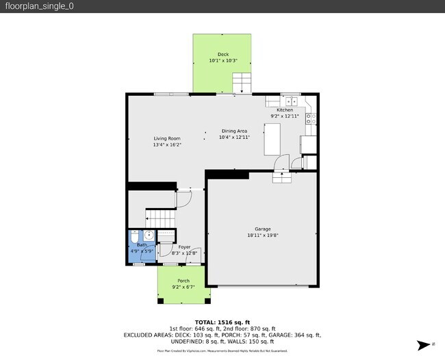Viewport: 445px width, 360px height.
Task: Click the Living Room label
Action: tap(167, 138)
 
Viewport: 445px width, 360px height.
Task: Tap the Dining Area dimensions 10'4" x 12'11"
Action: tap(234, 137)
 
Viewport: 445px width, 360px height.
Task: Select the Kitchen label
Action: tap(285, 110)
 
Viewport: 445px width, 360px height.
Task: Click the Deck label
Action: tap(223, 54)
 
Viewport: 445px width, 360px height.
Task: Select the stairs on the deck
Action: tap(243, 83)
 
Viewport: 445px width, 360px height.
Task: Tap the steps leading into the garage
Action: tap(281, 177)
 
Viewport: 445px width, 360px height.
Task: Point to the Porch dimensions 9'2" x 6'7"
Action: tap(183, 287)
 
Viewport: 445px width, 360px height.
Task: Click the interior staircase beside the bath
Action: tap(162, 218)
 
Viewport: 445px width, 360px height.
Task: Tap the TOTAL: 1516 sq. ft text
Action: tap(222, 322)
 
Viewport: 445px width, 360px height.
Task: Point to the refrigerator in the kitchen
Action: tap(309, 144)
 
